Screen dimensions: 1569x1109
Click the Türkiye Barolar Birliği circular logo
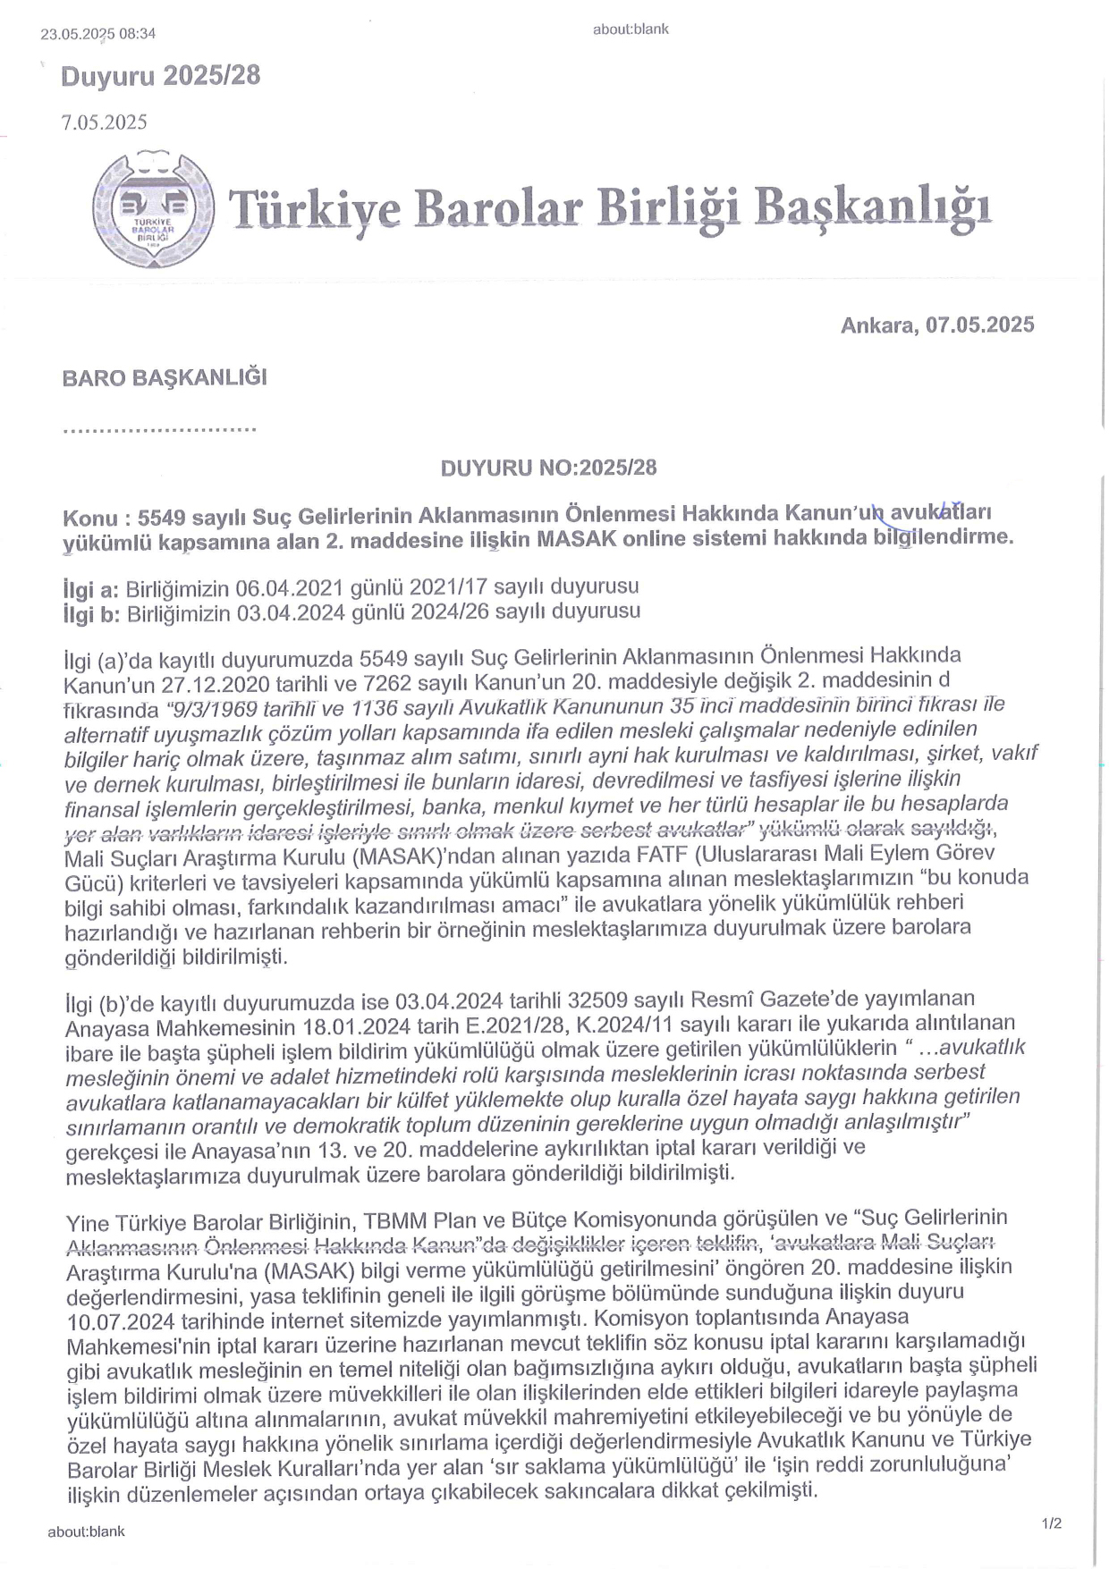pos(153,211)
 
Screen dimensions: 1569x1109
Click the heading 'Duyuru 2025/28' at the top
pos(160,76)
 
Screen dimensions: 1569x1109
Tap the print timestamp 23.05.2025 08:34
pos(97,34)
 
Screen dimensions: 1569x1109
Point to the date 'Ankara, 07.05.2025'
pos(936,325)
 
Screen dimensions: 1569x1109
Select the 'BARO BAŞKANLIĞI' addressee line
pos(165,377)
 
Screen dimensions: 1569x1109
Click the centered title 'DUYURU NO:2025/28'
pos(548,468)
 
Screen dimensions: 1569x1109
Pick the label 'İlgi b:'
pos(91,612)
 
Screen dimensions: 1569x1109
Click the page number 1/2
pos(1051,1523)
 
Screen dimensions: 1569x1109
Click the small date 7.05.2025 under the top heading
pos(104,122)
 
